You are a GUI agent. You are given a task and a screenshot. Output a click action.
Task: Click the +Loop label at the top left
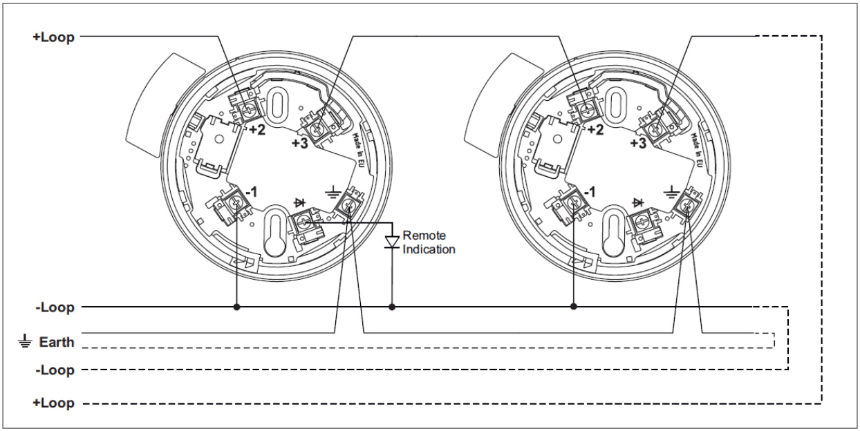pos(53,37)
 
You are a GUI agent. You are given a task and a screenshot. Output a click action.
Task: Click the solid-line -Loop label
pos(55,307)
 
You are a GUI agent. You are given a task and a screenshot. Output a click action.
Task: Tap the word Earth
pos(57,342)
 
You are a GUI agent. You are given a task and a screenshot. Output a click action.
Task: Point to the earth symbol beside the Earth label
pos(25,341)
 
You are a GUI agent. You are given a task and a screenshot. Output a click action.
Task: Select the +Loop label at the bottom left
pos(53,403)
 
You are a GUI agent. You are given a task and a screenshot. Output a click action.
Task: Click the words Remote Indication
pos(429,242)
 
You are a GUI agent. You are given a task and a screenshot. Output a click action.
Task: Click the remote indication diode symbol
pos(392,242)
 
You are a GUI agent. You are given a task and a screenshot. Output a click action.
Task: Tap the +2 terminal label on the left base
pos(257,130)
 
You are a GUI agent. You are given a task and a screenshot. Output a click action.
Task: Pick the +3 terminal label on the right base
pos(638,143)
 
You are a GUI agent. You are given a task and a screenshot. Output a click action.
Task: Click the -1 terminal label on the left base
pos(251,192)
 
